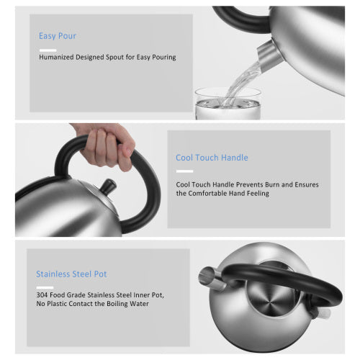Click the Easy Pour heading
click(58, 35)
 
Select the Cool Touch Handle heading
click(212, 157)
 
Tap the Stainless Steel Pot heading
click(72, 274)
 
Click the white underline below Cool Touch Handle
click(184, 171)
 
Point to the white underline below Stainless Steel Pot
click(44, 287)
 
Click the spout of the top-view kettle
click(207, 274)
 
